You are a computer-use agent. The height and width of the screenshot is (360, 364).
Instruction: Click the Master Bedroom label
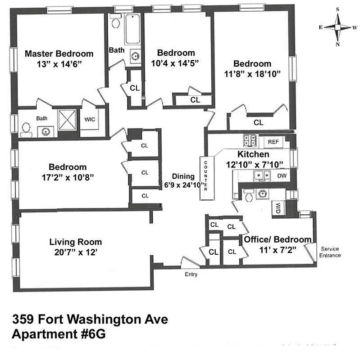point(59,54)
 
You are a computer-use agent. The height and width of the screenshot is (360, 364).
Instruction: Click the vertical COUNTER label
point(205,175)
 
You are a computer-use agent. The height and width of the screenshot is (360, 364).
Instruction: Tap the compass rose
point(337,27)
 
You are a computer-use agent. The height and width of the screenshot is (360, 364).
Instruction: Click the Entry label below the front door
point(191,274)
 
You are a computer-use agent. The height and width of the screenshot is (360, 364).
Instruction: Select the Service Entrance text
point(330,252)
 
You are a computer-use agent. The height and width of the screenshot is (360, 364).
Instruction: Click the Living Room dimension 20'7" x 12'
point(75,252)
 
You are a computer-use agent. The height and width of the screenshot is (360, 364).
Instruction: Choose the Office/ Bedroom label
point(278,239)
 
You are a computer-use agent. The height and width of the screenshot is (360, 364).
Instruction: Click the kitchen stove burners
point(250,141)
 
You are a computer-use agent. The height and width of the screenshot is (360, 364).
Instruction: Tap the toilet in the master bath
point(26,130)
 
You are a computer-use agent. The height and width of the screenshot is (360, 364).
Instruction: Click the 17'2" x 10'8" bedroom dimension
point(68,177)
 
